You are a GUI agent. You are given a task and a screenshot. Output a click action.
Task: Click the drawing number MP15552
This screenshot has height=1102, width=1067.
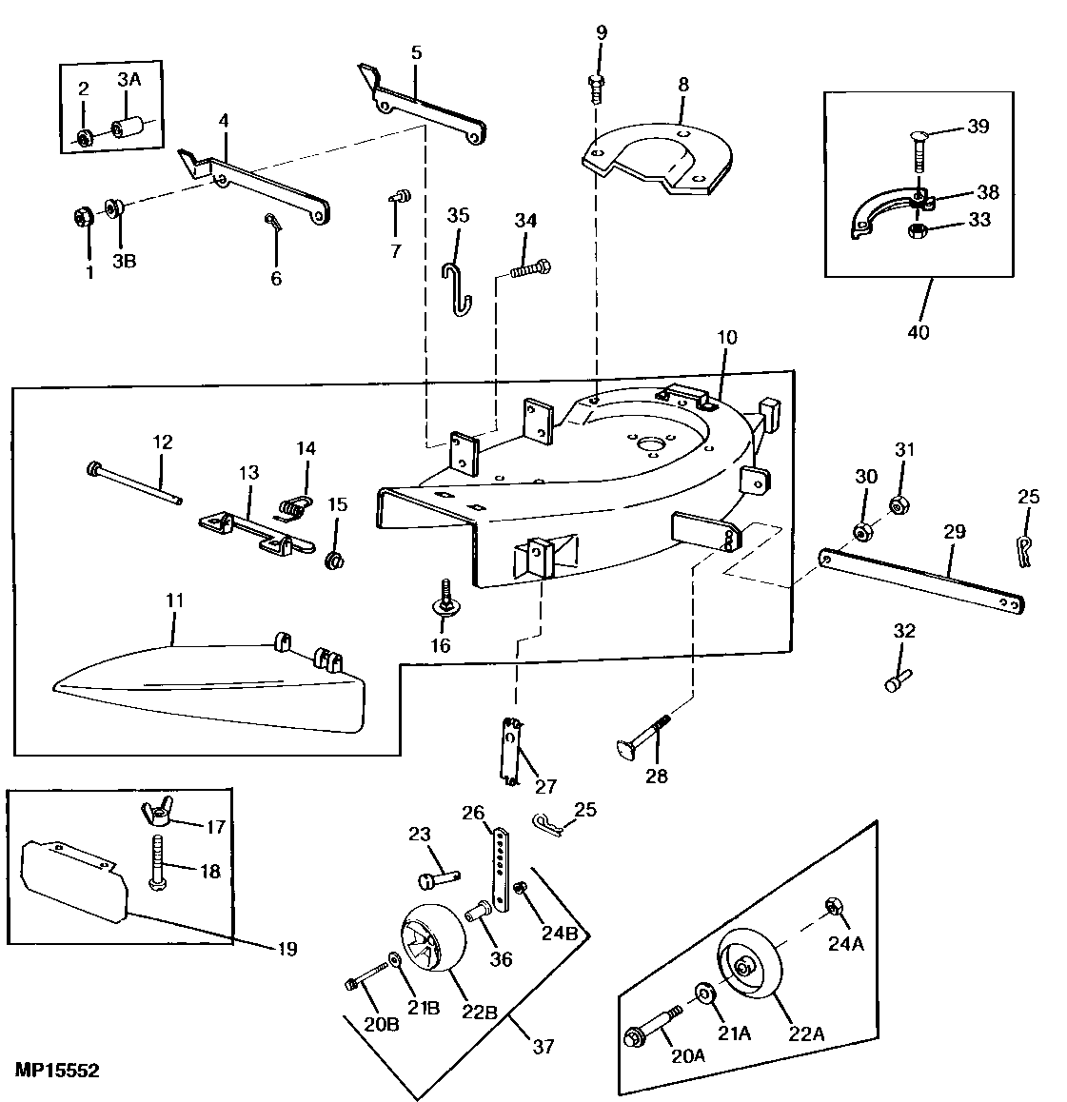57,1071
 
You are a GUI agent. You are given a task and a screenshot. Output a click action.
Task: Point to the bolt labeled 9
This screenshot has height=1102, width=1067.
596,89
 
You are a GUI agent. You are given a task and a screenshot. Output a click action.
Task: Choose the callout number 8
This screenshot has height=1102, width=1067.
682,84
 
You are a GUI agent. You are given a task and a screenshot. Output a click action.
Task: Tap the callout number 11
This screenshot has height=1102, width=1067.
174,600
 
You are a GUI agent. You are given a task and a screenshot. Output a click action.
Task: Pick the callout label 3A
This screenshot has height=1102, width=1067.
128,80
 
